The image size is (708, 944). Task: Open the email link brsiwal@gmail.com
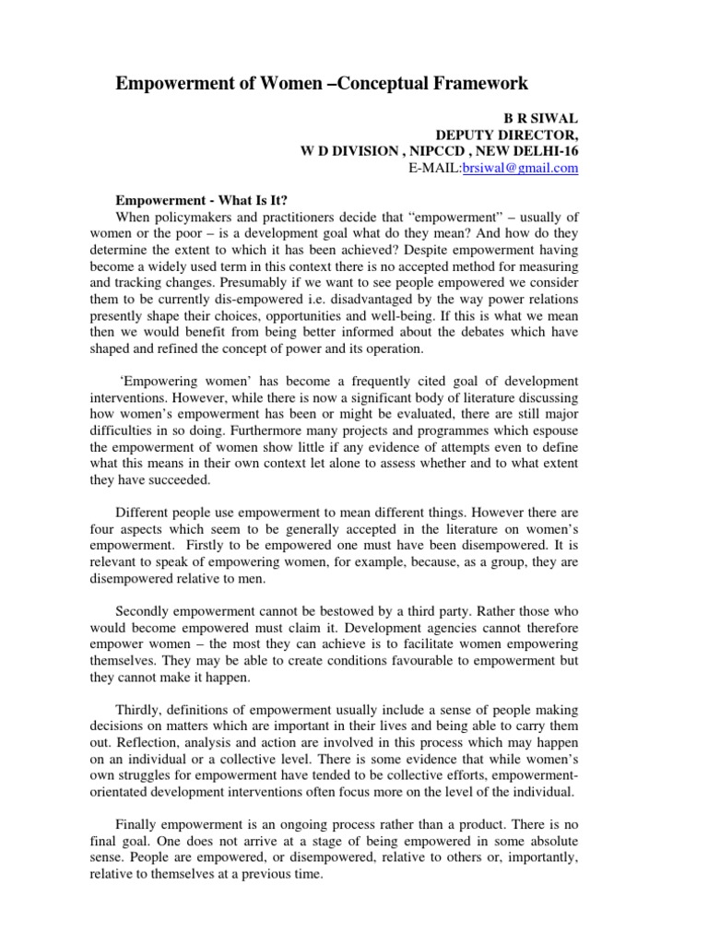(525, 168)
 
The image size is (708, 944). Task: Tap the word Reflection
(143, 746)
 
